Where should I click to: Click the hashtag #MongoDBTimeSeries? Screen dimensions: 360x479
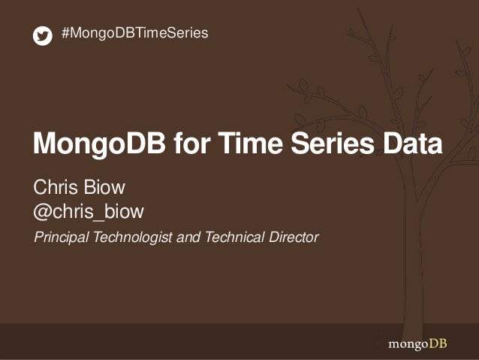coord(134,33)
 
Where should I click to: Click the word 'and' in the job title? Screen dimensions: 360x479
coord(185,238)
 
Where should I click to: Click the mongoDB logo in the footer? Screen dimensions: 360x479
coord(420,345)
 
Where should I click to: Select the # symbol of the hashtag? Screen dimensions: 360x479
coord(65,33)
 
